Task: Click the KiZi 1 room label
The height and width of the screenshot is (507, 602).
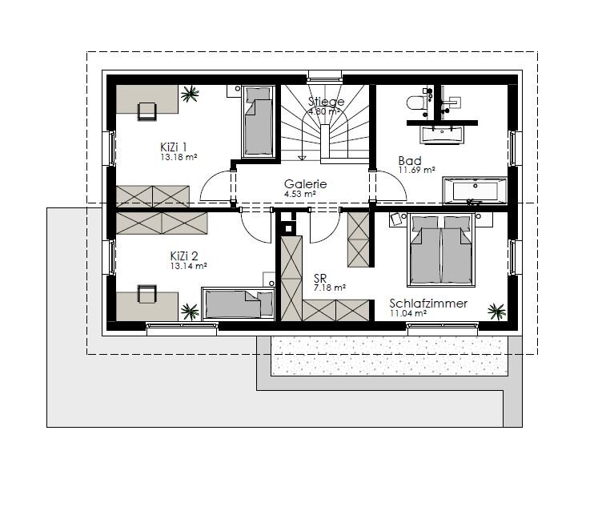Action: coord(173,147)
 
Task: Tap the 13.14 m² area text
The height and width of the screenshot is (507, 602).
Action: coord(188,266)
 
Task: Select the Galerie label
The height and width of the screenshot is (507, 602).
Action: coord(305,184)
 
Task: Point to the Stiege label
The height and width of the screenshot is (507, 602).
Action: coord(326,102)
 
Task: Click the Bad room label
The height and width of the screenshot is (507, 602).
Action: coord(410,160)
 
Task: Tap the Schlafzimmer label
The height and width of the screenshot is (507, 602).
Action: coord(428,304)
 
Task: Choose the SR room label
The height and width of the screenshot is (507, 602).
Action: coord(320,279)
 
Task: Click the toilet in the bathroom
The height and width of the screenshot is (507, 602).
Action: coord(416,103)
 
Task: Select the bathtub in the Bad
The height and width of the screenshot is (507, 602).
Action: coord(475,191)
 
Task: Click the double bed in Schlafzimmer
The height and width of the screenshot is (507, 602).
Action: coord(441,251)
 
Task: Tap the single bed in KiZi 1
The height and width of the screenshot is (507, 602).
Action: coord(259,121)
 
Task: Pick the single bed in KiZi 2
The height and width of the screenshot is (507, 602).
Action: coord(238,304)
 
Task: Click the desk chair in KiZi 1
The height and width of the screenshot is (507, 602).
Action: coord(147,111)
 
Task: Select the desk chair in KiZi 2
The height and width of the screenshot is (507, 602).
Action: coord(147,294)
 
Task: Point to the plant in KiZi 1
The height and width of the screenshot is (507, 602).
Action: coord(190,94)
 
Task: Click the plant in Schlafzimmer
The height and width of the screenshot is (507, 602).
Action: coord(497,311)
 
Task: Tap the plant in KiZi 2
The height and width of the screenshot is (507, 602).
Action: coord(190,312)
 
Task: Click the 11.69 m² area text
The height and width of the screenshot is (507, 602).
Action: coord(416,170)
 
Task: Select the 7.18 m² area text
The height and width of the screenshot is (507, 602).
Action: coord(329,288)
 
